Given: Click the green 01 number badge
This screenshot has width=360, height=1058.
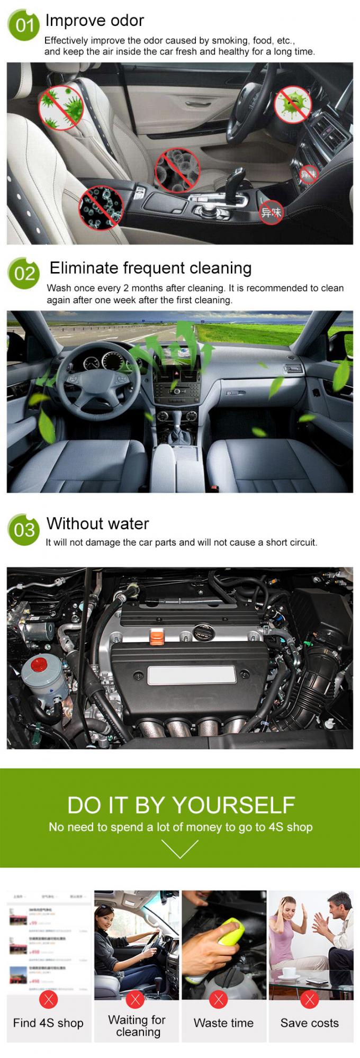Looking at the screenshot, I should coord(24,25).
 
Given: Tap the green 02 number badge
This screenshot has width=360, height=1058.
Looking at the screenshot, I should coord(24,273).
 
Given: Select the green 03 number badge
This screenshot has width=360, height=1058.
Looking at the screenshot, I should coord(24,530).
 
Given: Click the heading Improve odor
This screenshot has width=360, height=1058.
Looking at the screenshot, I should coord(95,21).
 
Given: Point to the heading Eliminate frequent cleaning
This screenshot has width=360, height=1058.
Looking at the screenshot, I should coord(150,268).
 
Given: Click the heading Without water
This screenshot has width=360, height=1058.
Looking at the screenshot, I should coord(98,524).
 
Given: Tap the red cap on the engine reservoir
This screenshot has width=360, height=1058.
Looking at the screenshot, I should coord(39,664).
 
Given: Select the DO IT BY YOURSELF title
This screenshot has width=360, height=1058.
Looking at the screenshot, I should coord(181,805).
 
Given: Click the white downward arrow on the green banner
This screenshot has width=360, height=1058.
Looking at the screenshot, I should coord(180,848).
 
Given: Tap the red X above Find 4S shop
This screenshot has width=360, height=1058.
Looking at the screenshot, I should coord(49,999).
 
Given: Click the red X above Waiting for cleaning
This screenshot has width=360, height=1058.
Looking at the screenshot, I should coord(136,999).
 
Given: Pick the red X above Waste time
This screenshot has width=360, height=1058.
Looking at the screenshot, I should coord(218,999).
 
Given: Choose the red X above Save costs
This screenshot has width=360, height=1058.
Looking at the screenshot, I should coord(310,999).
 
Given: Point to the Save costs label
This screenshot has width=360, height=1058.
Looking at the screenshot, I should coord(310,1023).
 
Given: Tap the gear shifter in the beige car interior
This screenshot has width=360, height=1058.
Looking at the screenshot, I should coord(235,183).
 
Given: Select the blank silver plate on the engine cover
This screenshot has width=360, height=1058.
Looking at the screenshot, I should coord(192,675).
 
